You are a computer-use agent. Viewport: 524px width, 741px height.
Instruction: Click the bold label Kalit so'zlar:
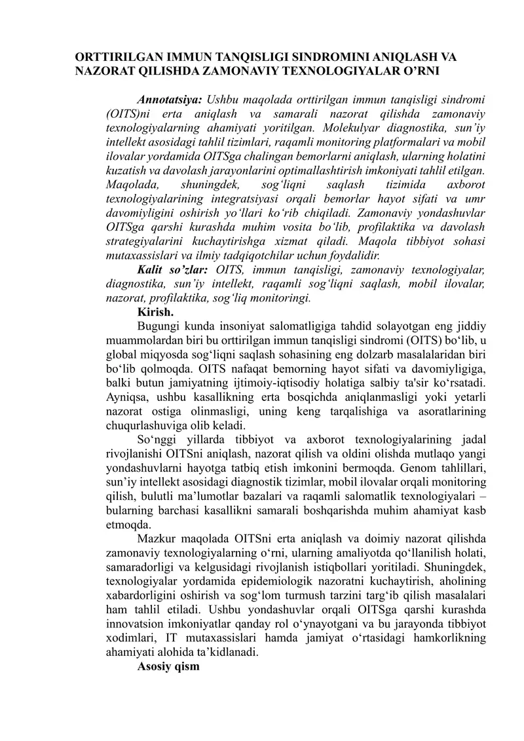coord(172,271)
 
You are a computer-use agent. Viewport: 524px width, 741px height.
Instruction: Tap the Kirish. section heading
coord(155,313)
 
